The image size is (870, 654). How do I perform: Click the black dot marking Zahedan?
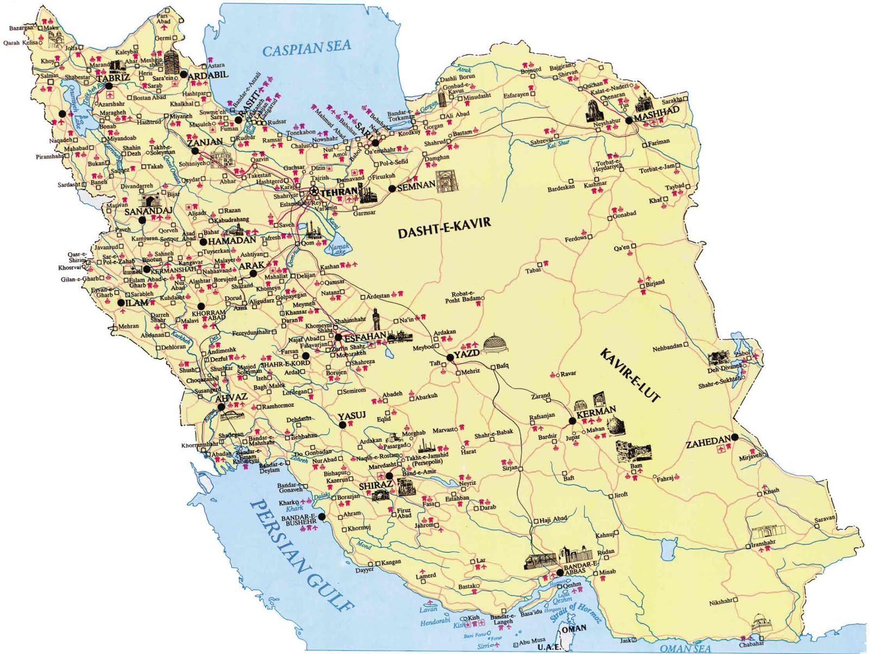pyautogui.click(x=734, y=437)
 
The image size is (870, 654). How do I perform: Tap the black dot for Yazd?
pyautogui.click(x=450, y=357)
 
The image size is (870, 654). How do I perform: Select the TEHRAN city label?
pyautogui.click(x=340, y=193)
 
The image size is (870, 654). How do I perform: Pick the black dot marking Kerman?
pyautogui.click(x=571, y=421)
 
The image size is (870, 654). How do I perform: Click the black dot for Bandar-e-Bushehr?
pyautogui.click(x=321, y=516)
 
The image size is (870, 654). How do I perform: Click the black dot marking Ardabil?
pyautogui.click(x=184, y=74)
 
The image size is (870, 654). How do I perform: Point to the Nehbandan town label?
pyautogui.click(x=667, y=348)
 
